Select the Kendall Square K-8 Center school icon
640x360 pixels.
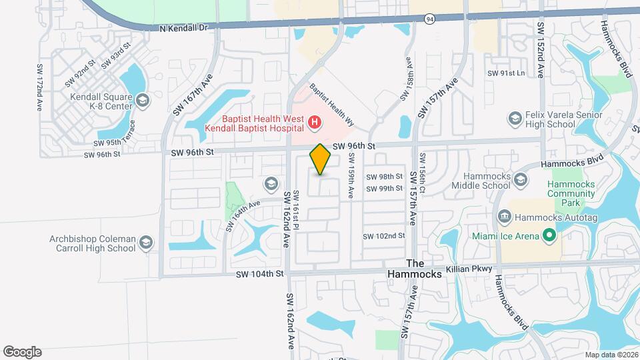click(x=141, y=100)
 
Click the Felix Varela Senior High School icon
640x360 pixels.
click(x=515, y=119)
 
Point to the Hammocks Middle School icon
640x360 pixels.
click(x=520, y=179)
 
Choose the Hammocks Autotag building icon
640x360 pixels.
click(x=505, y=217)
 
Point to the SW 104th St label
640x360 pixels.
click(x=259, y=273)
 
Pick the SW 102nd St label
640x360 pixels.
click(x=384, y=236)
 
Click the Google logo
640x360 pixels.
click(x=22, y=351)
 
